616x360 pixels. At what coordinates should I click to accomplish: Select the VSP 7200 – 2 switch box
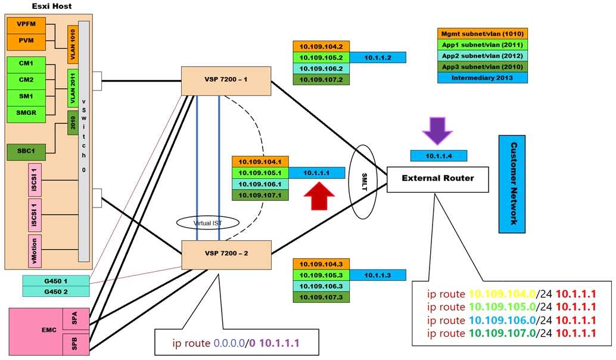pyautogui.click(x=226, y=253)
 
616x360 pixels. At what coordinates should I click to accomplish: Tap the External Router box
pyautogui.click(x=437, y=178)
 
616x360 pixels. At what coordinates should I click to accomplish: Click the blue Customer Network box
pyautogui.click(x=512, y=184)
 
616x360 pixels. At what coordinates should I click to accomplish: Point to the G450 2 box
pyautogui.click(x=55, y=291)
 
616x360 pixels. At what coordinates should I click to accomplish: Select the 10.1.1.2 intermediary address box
pyautogui.click(x=377, y=57)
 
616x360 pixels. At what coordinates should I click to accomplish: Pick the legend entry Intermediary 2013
pyautogui.click(x=482, y=77)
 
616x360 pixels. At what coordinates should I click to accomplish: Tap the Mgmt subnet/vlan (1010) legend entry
pyautogui.click(x=482, y=33)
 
